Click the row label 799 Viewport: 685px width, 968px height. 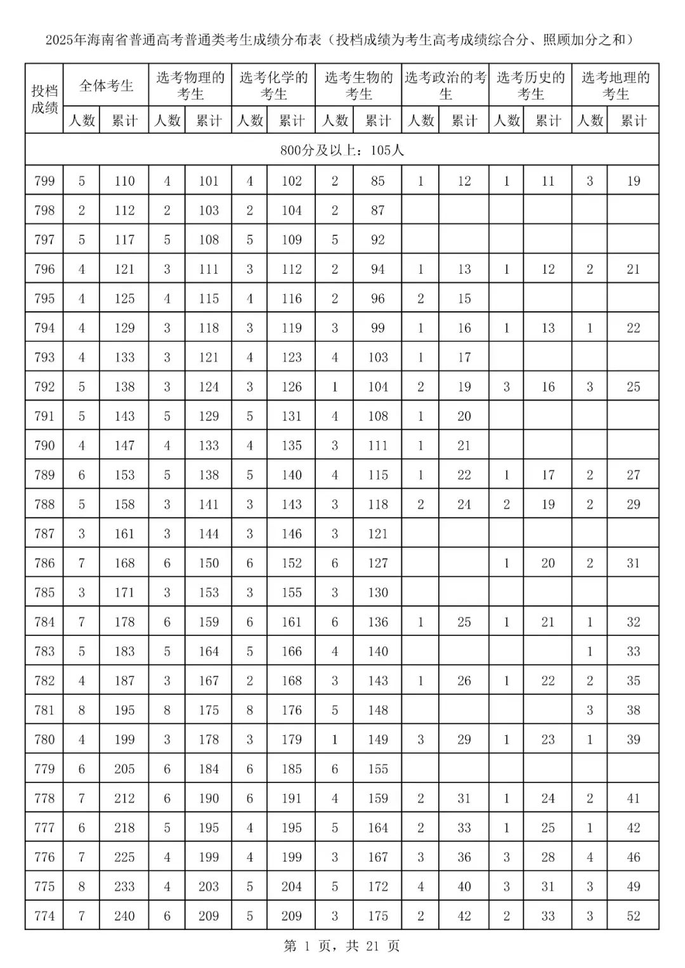coord(44,181)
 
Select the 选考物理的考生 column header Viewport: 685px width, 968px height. coord(190,86)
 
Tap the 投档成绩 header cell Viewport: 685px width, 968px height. coord(44,99)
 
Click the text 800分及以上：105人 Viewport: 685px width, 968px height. coord(342,150)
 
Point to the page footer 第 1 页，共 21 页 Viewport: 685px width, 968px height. coord(342,946)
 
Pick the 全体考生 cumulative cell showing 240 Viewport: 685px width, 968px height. coord(124,916)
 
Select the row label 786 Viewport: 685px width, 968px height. coord(44,563)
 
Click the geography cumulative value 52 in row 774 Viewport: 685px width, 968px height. coord(633,916)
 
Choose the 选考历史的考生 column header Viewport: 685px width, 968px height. coord(530,86)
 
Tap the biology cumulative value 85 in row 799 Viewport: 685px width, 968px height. coord(377,181)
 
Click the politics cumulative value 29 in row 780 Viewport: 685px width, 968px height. coord(464,739)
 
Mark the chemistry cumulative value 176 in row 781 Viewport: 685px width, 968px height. coord(292,710)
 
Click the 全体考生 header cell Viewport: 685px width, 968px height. coord(106,86)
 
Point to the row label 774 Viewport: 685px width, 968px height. coord(44,916)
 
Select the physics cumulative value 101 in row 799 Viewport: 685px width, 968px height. coord(209,181)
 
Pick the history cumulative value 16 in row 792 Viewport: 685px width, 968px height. coord(548,387)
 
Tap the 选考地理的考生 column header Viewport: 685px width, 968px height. coord(615,86)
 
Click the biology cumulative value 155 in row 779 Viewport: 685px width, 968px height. coord(377,769)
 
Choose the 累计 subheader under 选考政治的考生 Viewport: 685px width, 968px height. coord(464,120)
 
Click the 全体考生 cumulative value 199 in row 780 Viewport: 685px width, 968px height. coord(124,739)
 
